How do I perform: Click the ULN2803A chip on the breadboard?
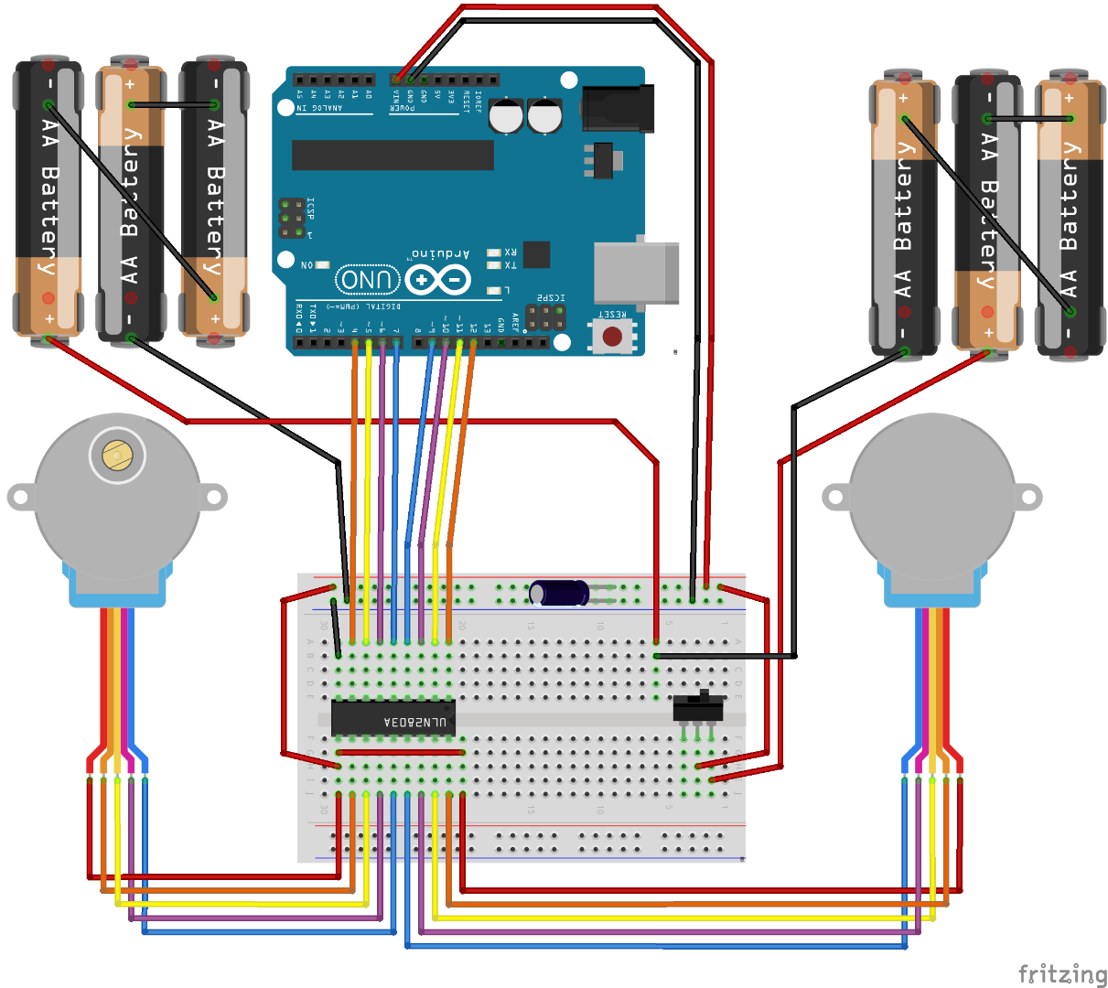393,718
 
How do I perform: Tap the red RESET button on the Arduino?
612,337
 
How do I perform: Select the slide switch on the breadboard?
698,707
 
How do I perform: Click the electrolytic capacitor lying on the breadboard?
559,593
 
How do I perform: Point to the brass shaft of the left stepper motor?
116,455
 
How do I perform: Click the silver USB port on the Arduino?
637,273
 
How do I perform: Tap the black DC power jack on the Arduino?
619,108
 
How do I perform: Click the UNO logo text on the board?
368,280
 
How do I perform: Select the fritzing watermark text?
1061,973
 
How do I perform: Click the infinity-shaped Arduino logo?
437,280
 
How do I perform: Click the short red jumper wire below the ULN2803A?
400,752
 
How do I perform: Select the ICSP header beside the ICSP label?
292,219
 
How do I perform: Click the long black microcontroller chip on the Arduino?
393,155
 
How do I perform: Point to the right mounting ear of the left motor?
213,498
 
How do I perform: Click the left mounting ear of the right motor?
835,498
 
